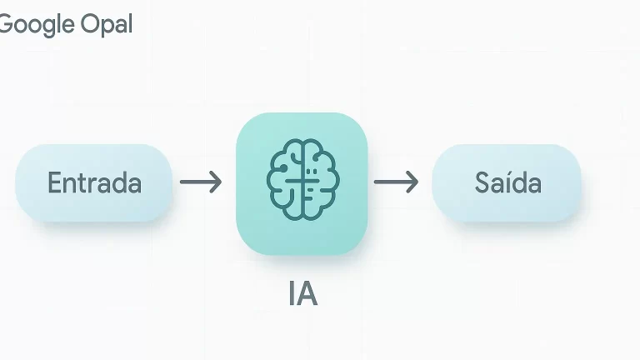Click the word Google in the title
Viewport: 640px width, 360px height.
click(37, 24)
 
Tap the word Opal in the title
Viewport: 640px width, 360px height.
click(107, 24)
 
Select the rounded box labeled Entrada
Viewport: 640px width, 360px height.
click(93, 182)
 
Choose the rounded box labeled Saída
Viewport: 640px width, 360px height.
click(507, 182)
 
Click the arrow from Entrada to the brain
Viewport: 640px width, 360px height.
click(201, 182)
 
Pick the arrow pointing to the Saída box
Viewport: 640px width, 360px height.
click(396, 182)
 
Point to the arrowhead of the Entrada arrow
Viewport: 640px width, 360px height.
click(217, 182)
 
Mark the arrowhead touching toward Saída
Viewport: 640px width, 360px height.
click(412, 182)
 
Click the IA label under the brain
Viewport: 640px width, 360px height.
click(302, 295)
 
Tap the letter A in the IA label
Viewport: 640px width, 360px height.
click(307, 295)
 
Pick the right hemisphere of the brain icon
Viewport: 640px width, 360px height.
click(319, 182)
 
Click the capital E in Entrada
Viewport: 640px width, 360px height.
click(54, 182)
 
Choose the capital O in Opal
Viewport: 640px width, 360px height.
click(90, 24)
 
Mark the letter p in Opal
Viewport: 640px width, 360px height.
click(105, 26)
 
